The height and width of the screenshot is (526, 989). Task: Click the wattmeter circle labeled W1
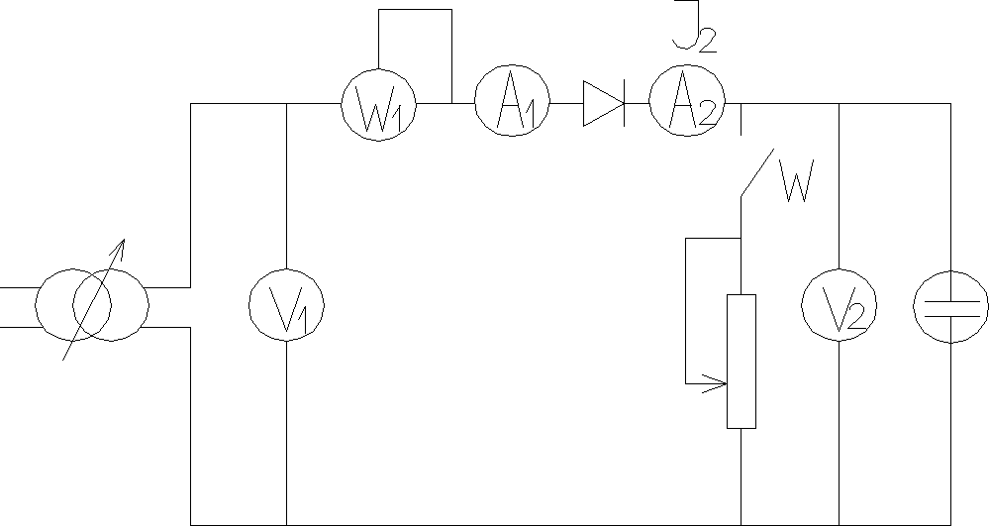pyautogui.click(x=378, y=104)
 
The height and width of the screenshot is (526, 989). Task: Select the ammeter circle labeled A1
pyautogui.click(x=511, y=104)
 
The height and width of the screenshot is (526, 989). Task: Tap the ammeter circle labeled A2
pyautogui.click(x=686, y=104)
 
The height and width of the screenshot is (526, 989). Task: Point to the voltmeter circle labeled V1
pyautogui.click(x=285, y=304)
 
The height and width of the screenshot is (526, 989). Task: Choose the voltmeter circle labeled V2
pyautogui.click(x=839, y=304)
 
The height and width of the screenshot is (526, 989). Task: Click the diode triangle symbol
pyautogui.click(x=602, y=104)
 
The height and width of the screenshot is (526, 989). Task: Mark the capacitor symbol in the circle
pyautogui.click(x=949, y=304)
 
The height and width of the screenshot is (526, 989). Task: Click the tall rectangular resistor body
pyautogui.click(x=742, y=362)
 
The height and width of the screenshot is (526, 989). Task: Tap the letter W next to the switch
pyautogui.click(x=798, y=182)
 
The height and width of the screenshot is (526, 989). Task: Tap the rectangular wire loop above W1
pyautogui.click(x=415, y=11)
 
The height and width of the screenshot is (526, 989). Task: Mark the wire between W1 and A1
pyautogui.click(x=445, y=104)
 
